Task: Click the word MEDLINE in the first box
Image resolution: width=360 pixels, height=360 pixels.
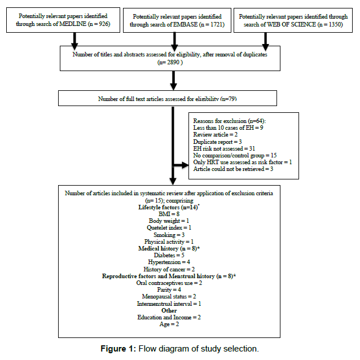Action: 73,24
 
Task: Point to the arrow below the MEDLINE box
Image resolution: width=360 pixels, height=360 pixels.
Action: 74,41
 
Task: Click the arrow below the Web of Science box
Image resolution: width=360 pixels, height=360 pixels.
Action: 265,42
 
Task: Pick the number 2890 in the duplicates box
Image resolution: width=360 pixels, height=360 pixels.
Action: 173,62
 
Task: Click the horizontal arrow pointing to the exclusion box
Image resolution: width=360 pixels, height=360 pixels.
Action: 181,165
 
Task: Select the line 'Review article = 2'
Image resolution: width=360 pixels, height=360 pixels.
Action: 216,134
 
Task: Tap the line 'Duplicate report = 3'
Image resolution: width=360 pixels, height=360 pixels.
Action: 217,142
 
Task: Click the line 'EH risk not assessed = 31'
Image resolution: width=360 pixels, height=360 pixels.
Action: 224,148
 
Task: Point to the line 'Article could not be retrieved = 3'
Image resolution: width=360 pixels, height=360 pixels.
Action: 233,169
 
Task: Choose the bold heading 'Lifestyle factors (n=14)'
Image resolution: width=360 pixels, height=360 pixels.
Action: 169,207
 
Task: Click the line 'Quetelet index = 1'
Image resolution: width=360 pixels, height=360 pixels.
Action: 169,228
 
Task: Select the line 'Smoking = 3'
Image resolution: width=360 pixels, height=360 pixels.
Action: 169,235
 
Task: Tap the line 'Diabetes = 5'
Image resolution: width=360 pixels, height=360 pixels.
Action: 169,255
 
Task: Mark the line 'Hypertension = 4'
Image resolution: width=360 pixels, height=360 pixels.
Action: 169,262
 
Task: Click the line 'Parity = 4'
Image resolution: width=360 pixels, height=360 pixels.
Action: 169,289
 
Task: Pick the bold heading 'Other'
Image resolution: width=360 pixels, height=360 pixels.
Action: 169,311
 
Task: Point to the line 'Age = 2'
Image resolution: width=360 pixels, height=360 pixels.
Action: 169,324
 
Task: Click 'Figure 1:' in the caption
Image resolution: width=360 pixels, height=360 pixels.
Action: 118,349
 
